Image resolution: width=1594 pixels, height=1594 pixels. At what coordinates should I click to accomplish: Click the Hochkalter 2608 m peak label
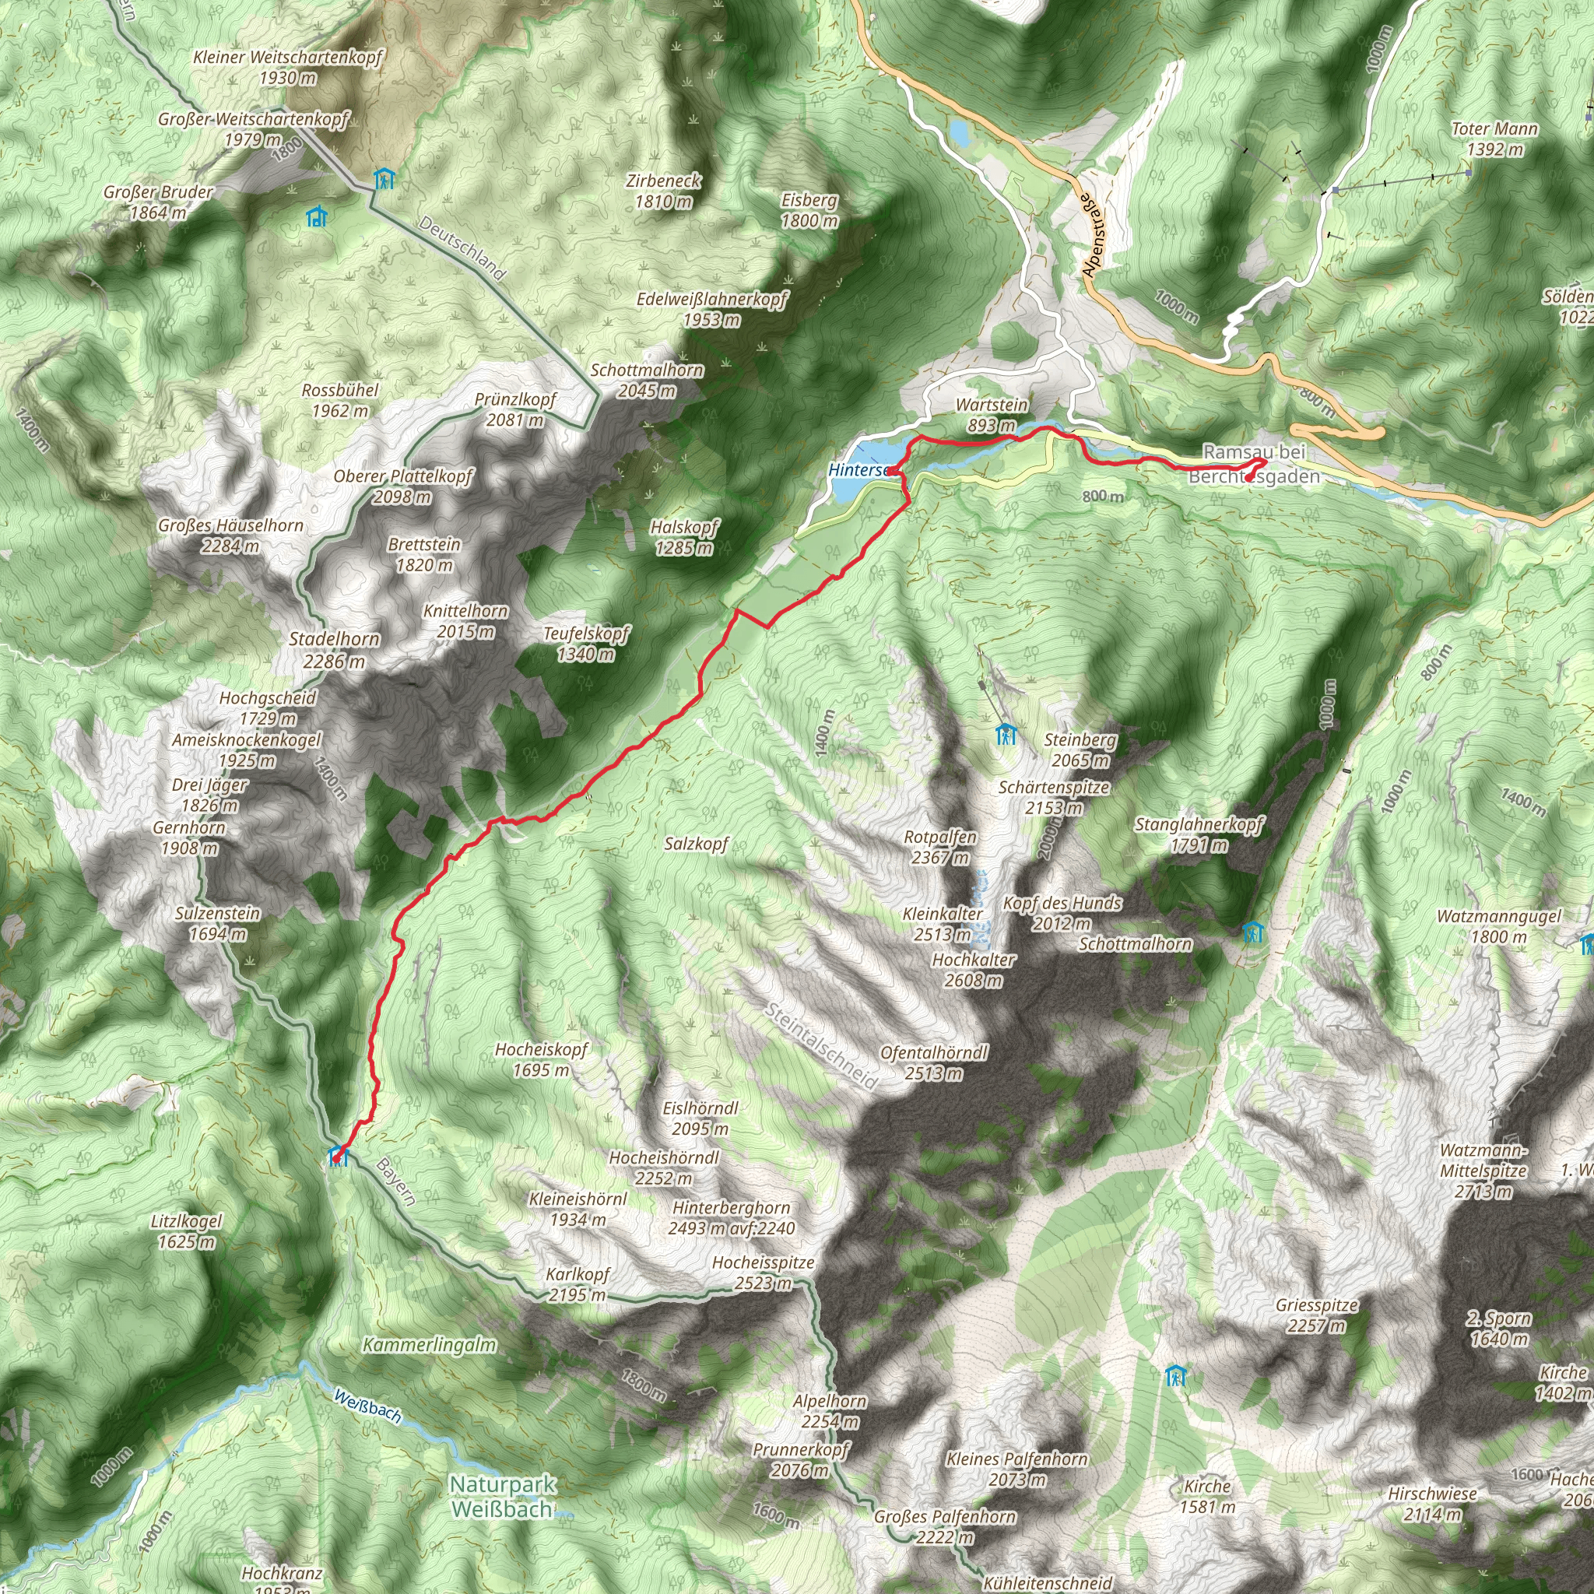(974, 971)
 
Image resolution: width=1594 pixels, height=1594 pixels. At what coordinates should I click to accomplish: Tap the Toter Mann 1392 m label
(1494, 139)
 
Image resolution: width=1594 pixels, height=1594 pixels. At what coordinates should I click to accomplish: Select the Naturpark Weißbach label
(503, 1520)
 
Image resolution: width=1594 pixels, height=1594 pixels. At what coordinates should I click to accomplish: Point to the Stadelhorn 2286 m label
(334, 649)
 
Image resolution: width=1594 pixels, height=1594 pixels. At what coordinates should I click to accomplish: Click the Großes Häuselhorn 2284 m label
(231, 535)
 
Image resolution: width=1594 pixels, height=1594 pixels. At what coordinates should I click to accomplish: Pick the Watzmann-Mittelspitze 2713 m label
(1483, 1171)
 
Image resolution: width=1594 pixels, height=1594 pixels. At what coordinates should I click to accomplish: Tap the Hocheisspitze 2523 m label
(764, 1273)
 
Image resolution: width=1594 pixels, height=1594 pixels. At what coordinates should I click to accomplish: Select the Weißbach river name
(368, 1406)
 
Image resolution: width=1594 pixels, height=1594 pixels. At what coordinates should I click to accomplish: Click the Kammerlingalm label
(430, 1346)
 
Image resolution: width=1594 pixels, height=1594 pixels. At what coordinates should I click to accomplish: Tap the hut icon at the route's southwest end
(336, 1156)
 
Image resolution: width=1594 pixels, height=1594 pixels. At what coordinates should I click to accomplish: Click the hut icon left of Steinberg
(1005, 733)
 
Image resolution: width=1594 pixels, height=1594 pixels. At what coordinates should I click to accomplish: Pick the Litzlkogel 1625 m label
(187, 1231)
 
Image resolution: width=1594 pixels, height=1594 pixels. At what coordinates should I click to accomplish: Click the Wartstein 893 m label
(992, 415)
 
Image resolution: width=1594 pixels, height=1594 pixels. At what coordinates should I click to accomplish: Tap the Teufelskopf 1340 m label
(586, 644)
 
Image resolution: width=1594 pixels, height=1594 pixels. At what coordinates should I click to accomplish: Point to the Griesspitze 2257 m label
(1317, 1315)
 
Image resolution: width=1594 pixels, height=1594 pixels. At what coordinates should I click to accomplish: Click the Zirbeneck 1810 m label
(664, 191)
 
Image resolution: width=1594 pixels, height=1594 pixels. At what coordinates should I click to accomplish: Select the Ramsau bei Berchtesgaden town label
(1254, 464)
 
